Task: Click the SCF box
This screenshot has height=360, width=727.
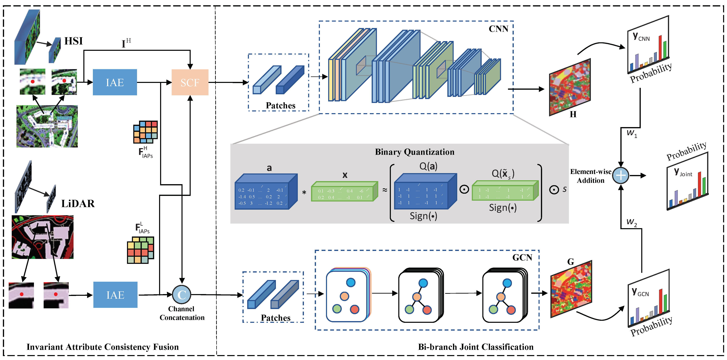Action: tap(190, 82)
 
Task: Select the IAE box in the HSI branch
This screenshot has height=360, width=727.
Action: tap(115, 82)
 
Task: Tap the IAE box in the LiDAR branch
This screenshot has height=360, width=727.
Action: tap(115, 295)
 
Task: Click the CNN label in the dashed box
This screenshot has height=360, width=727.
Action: tap(498, 29)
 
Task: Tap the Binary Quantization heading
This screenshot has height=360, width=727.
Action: tap(415, 152)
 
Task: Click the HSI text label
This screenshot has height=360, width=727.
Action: tap(73, 41)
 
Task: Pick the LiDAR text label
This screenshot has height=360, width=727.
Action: tap(78, 204)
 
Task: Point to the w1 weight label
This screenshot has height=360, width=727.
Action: tap(632, 133)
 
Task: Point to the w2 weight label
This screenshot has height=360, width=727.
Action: tap(632, 222)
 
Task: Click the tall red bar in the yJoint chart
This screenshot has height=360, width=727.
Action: tap(699, 185)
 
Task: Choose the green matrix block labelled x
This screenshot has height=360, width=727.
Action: tap(344, 192)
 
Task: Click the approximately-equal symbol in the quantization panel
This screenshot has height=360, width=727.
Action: tap(385, 190)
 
